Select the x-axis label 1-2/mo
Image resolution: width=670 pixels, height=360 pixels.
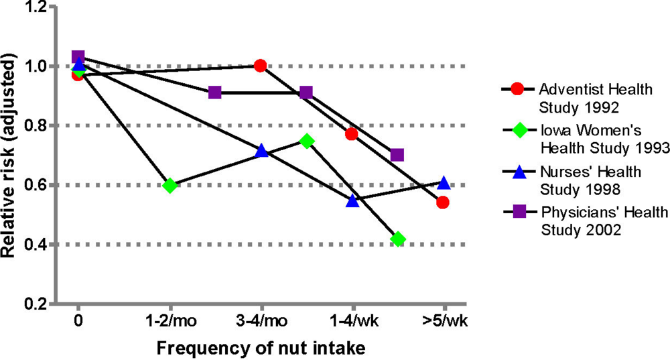[x=170, y=321]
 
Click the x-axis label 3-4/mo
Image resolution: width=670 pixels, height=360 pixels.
[x=261, y=321]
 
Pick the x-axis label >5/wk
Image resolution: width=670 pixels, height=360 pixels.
[x=443, y=321]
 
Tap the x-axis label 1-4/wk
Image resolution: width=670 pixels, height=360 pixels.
[x=352, y=321]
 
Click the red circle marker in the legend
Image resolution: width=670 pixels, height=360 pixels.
[x=516, y=89]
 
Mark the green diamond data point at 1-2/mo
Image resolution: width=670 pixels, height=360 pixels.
[x=170, y=185]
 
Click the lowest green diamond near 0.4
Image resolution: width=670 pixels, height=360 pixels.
[x=398, y=239]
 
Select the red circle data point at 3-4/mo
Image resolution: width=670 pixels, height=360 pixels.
[x=261, y=66]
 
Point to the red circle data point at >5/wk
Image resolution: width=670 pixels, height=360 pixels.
[x=443, y=202]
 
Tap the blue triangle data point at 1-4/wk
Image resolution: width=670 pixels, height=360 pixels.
[x=352, y=200]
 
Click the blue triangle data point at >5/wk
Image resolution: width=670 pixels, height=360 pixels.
[x=444, y=182]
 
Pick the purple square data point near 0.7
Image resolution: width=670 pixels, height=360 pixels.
[x=397, y=155]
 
